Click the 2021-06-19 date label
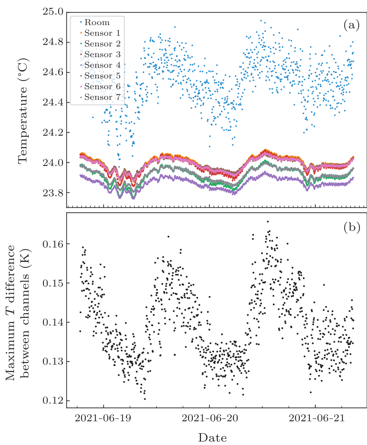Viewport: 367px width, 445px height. (x=103, y=418)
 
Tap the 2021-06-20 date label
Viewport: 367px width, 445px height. (x=209, y=418)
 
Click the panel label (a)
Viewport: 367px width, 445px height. (x=351, y=25)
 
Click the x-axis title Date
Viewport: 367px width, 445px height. (x=213, y=438)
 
